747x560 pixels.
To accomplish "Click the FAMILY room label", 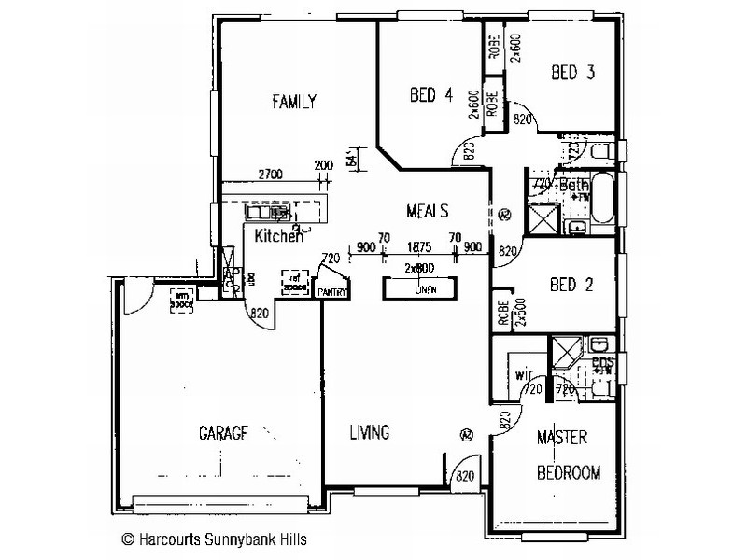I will click(x=294, y=102).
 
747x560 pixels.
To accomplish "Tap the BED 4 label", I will click(x=432, y=94).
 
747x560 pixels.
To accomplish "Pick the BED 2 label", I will click(x=570, y=284).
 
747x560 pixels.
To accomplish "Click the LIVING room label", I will click(x=369, y=432).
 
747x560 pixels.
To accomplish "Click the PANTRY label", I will click(x=332, y=292).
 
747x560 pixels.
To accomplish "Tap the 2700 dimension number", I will click(x=270, y=174).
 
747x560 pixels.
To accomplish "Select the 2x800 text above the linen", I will click(x=420, y=268).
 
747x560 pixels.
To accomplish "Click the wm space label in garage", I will click(x=180, y=299).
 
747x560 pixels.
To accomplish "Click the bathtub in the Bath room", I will click(x=602, y=199).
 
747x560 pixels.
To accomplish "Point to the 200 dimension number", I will click(x=323, y=165).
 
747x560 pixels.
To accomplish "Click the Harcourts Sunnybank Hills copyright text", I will click(x=214, y=539).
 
